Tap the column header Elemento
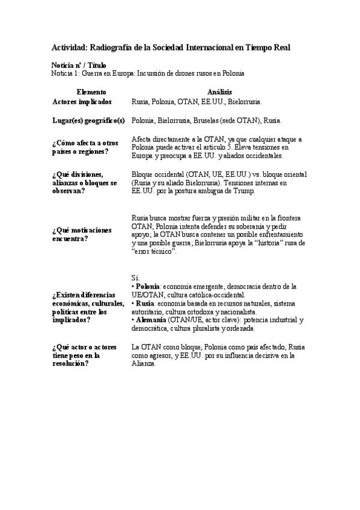tap(91, 92)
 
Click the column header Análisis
tap(219, 92)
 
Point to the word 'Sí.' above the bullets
tap(135, 277)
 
